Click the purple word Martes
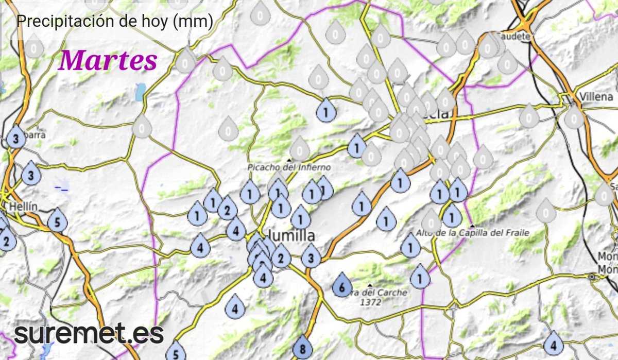pos(108,61)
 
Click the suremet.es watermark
pos(89,334)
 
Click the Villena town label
pos(596,96)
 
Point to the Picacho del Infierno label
pos(288,167)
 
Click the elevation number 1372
pos(371,302)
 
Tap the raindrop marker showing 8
pos(302,349)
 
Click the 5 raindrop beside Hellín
pos(58,222)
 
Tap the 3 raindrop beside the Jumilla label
pos(311,256)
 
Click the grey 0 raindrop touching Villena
pos(574,118)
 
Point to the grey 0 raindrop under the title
pos(34,48)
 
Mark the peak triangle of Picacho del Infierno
pos(289,160)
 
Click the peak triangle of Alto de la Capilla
pos(472,227)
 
